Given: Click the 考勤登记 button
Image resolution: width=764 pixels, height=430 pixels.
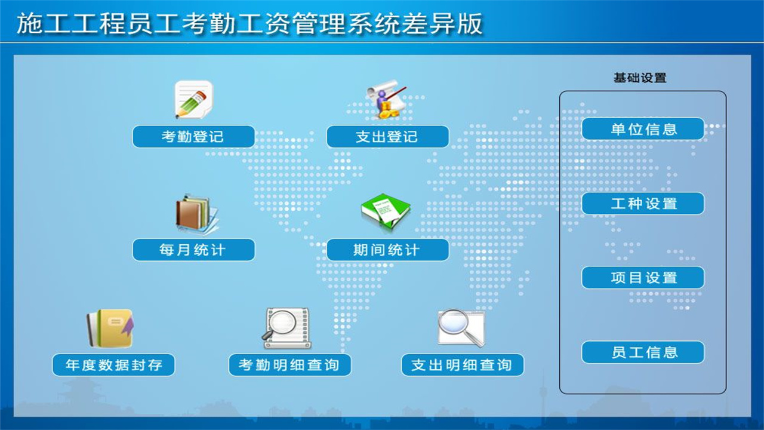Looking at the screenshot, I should pos(193,137).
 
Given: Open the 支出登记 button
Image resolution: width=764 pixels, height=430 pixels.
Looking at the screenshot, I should pos(387,137).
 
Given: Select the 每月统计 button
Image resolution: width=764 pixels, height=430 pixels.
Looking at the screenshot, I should pos(193,250).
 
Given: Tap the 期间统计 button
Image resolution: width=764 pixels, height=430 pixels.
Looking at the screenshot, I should pos(387,250).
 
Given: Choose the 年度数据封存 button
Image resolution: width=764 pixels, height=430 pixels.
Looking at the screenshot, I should pos(113,365).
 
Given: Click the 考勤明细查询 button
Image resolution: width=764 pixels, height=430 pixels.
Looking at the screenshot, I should pos(289,365).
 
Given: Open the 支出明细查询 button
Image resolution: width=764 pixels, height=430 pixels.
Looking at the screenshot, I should pos(463,365).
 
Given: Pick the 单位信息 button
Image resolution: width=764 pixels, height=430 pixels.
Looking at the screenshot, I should pos(643,129).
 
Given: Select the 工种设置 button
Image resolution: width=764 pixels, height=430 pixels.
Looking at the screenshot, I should pos(643,204).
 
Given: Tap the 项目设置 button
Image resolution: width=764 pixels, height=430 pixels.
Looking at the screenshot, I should pos(643,278).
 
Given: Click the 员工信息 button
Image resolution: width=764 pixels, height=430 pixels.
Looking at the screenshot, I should pos(643,352).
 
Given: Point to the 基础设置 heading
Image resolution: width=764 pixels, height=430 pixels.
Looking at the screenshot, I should pos(640,78).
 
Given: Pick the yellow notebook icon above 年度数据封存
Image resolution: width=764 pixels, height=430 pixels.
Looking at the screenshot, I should pos(110,328).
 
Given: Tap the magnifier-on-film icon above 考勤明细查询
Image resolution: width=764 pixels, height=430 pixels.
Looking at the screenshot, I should pos(286,328).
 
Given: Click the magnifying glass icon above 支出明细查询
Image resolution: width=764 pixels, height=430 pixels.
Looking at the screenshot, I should pos(461,327).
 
